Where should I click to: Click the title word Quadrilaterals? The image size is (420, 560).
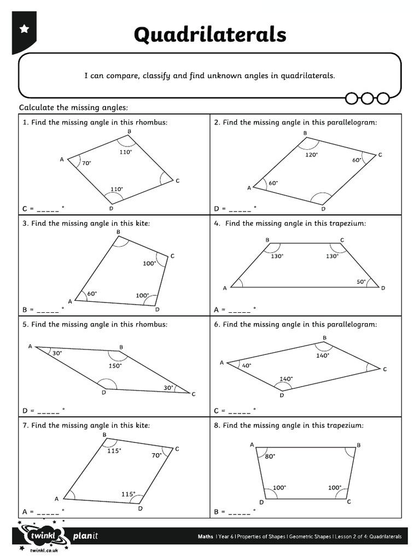(x=210, y=35)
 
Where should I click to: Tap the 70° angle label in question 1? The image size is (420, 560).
(x=86, y=163)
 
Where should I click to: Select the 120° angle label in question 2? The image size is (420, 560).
(x=312, y=155)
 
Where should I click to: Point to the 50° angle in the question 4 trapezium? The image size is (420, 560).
(x=361, y=282)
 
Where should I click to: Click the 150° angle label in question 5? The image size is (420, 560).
(x=115, y=365)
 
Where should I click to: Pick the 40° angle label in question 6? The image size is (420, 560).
(x=246, y=365)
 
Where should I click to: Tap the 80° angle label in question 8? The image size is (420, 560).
(x=270, y=456)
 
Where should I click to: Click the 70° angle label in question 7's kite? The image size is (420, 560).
(x=157, y=455)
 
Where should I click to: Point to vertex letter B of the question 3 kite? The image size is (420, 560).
(x=118, y=232)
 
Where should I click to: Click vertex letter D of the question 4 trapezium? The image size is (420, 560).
(x=383, y=288)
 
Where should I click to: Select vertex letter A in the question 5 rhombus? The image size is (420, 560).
(x=30, y=346)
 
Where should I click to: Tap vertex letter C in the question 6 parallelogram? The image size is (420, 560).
(x=385, y=369)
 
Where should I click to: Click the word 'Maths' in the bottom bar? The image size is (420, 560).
(x=206, y=536)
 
